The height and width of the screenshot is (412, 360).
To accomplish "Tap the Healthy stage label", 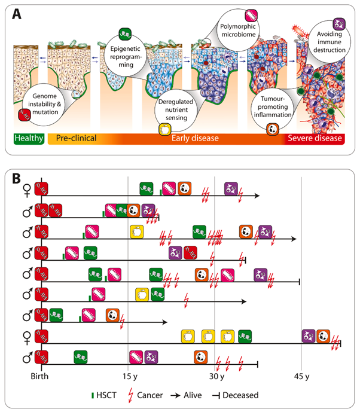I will [28, 139].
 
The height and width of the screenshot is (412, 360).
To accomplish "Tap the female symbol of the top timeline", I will [26, 190].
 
